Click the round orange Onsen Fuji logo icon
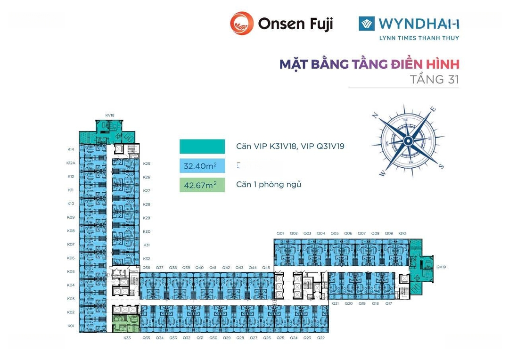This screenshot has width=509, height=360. pos(242,24)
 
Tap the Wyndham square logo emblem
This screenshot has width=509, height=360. pos(366,24)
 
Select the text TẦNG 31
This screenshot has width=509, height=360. pos(435,79)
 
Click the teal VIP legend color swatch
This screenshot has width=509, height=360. pos(202,147)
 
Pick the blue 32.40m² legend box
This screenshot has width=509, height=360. pos(202,166)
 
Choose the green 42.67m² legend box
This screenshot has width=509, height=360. pos(202,185)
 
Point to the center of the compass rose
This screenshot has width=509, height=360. pos(408,140)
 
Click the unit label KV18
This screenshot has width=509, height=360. pos(110,115)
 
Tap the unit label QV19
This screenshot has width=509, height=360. pos(441,267)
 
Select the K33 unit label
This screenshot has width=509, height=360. pos(127,338)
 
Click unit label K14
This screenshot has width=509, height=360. pos(71,149)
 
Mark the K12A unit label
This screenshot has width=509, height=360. pos(71,163)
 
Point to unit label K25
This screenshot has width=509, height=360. pos(147,164)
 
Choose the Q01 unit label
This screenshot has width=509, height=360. pos(280,233)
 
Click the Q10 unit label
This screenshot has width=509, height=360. pos(402,233)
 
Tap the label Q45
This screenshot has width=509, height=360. pos(266,268)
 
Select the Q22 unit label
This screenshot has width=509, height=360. pos(321,338)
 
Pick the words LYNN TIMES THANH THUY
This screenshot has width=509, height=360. pos(419,38)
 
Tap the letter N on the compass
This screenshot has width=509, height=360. pos(376,115)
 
